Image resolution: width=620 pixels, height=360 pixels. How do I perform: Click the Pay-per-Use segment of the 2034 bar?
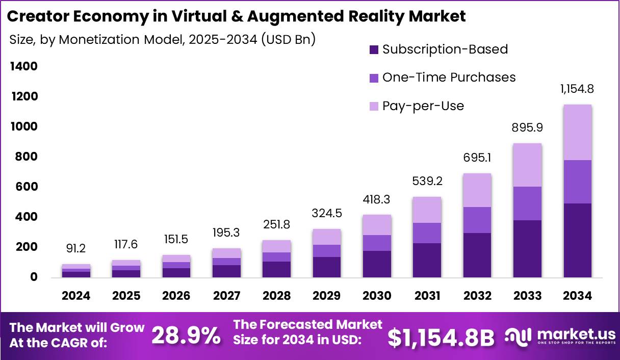pyautogui.click(x=577, y=133)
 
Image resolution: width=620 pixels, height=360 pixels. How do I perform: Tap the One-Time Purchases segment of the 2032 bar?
pyautogui.click(x=477, y=220)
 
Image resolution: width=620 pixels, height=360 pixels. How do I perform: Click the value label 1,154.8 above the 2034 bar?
pyautogui.click(x=577, y=89)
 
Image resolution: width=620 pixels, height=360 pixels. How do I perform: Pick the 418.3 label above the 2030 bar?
pyautogui.click(x=377, y=200)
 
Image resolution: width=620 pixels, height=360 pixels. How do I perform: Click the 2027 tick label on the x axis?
pyautogui.click(x=226, y=296)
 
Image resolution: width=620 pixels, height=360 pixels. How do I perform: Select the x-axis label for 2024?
pyautogui.click(x=76, y=296)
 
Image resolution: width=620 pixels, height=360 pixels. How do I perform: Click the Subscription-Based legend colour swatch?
pyautogui.click(x=374, y=50)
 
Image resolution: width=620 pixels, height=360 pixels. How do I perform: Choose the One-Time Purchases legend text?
pyautogui.click(x=449, y=78)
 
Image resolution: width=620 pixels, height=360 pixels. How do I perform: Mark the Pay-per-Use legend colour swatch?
pyautogui.click(x=374, y=107)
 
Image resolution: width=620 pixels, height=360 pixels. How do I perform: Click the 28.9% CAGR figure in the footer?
pyautogui.click(x=186, y=336)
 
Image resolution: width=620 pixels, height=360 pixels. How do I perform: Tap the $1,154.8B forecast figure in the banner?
pyautogui.click(x=441, y=337)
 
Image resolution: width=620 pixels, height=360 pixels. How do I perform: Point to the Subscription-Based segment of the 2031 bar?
pyautogui.click(x=427, y=260)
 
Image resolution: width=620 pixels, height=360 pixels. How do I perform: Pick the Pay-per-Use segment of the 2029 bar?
pyautogui.click(x=327, y=237)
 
